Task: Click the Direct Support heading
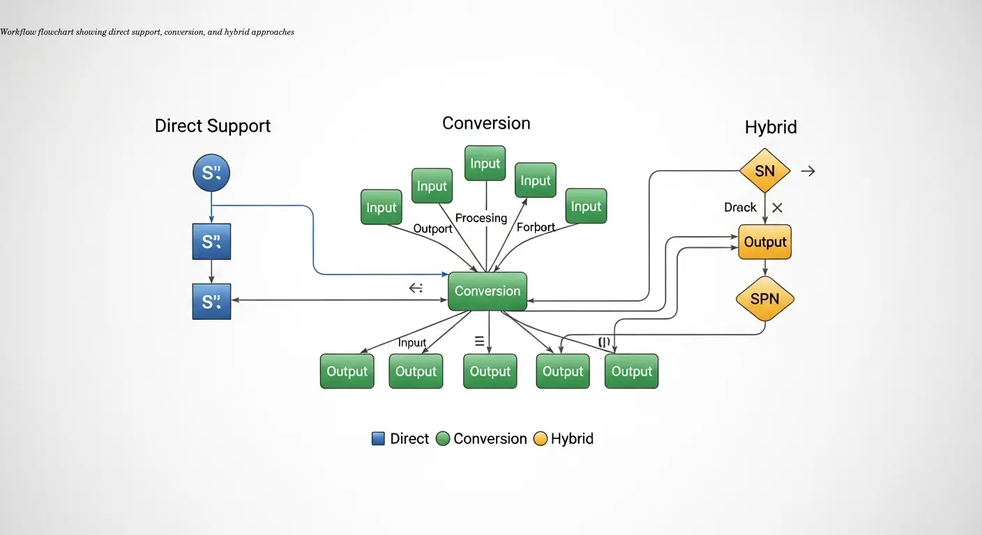coord(213,126)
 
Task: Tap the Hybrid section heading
coord(771,127)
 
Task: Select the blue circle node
coord(211,173)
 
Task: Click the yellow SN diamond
coord(765,171)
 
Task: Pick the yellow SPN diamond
coord(765,300)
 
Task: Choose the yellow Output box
coord(765,242)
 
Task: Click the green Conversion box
coord(488,291)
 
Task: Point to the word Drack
coord(740,208)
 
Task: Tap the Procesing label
coord(481,218)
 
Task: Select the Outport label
coord(433,228)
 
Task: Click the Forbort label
coord(536,227)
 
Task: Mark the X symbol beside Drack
coord(778,208)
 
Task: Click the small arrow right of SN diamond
coord(808,171)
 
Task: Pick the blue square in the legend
coord(378,439)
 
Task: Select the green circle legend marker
coord(442,439)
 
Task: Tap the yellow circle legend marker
coord(540,439)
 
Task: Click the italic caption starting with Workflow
coord(147,32)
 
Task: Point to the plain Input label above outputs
coord(412,343)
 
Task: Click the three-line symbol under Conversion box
coord(479,341)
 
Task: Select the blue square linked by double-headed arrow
coord(211,301)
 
